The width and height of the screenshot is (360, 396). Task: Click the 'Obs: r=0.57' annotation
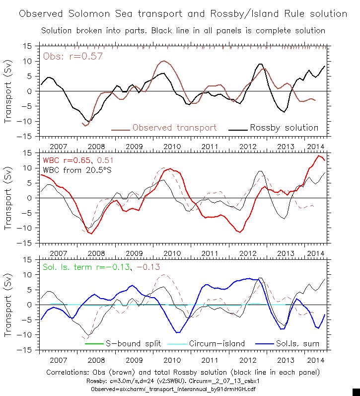coord(73,56)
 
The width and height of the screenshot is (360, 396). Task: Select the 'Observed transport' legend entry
coord(174,128)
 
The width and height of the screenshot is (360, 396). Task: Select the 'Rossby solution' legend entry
coord(284,128)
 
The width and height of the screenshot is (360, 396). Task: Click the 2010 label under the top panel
coord(172,147)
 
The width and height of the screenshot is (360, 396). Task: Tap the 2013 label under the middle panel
coord(285,253)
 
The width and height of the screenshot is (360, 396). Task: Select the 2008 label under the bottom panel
coord(96,360)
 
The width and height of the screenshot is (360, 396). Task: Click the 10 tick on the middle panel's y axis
coord(28,168)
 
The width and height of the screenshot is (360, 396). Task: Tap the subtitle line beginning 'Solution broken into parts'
coord(183,31)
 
